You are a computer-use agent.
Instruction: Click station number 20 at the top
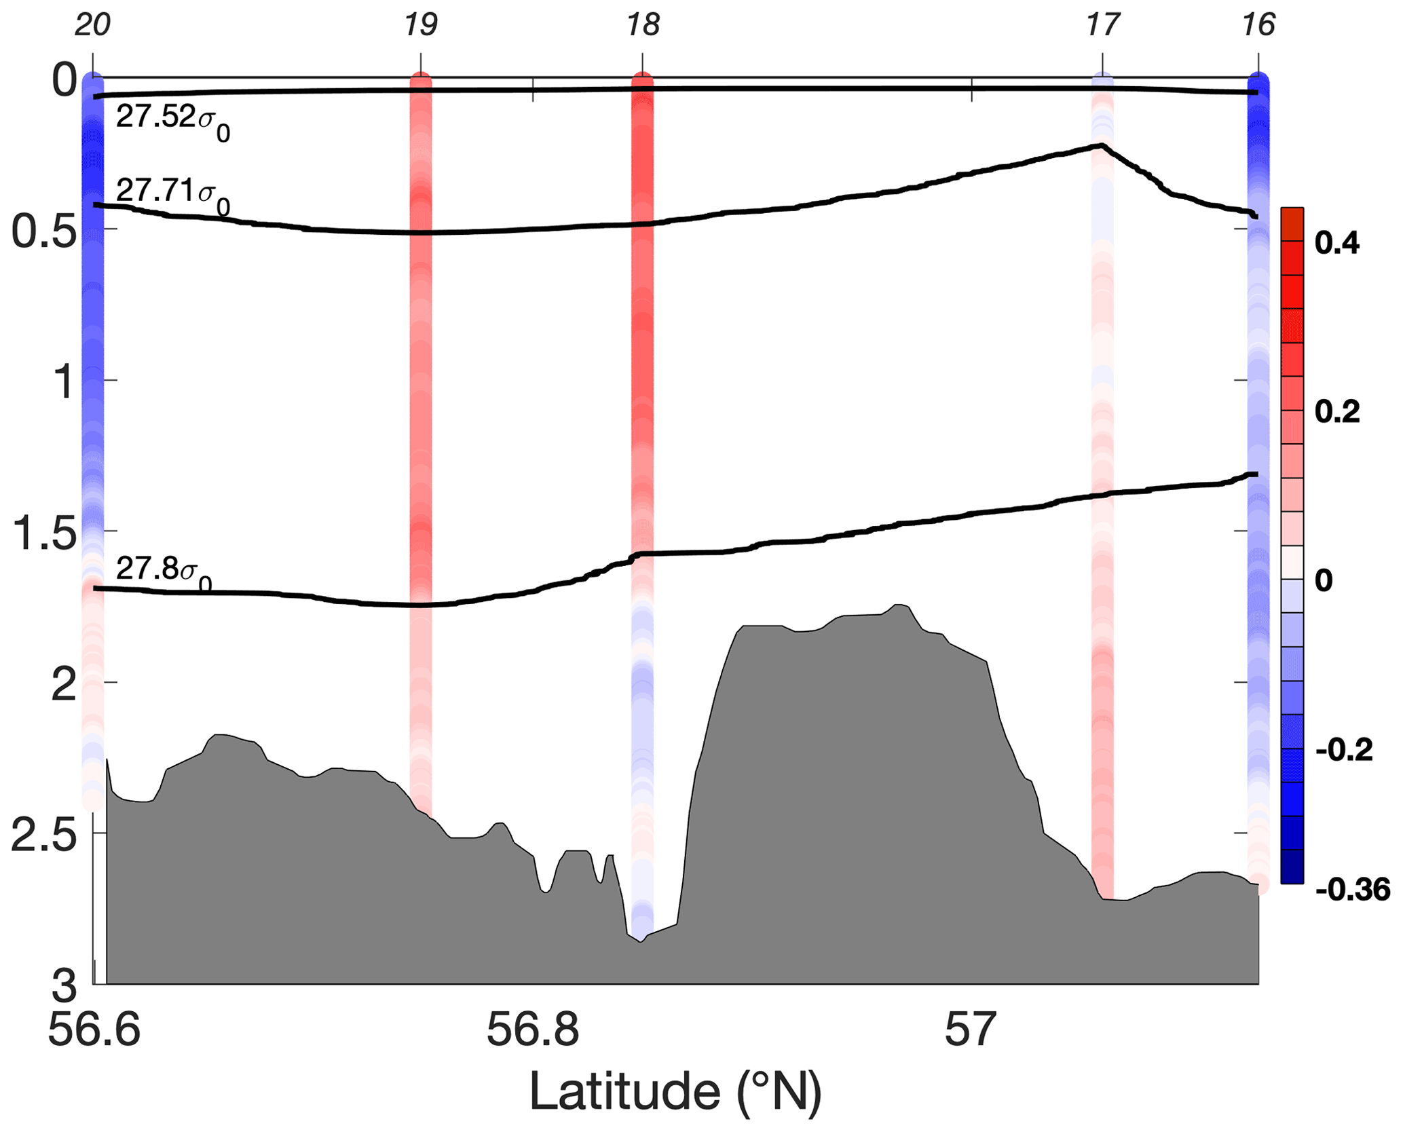tap(92, 25)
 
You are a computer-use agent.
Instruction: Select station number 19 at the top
tap(421, 25)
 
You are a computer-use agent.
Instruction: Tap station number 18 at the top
tap(642, 25)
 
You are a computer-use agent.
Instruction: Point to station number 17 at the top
tap(1102, 25)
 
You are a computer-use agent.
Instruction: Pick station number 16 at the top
tap(1258, 25)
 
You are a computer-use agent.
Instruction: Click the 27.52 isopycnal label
tap(172, 122)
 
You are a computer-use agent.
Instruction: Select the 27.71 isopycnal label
tap(172, 195)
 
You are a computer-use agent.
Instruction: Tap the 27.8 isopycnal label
tap(163, 573)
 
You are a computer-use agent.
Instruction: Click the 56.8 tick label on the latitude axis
tap(533, 1029)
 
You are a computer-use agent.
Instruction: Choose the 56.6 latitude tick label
tap(94, 1029)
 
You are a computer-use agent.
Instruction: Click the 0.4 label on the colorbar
tap(1337, 243)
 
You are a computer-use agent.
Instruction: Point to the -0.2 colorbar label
tap(1344, 751)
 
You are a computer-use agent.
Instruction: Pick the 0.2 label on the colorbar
tap(1337, 412)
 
